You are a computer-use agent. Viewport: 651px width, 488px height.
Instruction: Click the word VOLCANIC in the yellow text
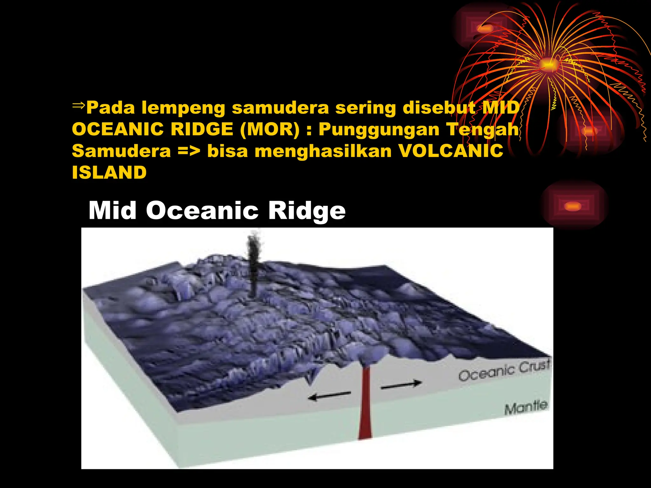coord(451,151)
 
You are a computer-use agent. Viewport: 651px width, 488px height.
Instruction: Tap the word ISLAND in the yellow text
coord(109,173)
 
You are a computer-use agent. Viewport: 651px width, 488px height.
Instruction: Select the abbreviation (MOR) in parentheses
coord(270,129)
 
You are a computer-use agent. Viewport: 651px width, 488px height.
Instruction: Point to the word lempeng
coord(183,108)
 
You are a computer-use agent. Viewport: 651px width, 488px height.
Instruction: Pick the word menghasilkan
coord(323,151)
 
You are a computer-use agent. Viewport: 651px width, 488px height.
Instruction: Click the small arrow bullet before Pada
coord(79,105)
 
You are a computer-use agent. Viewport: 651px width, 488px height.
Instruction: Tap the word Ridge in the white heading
coord(307,211)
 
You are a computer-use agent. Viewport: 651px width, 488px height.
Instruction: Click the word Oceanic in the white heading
coord(202,211)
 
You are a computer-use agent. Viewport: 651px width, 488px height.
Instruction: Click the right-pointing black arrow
coord(401,385)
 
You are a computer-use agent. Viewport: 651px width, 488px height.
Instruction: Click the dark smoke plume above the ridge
coord(254,264)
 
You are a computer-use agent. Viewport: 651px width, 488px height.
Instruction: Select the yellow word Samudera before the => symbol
coord(121,151)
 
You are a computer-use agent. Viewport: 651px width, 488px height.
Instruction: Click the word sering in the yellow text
coord(366,108)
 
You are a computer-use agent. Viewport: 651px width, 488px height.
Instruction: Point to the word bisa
coord(227,151)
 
